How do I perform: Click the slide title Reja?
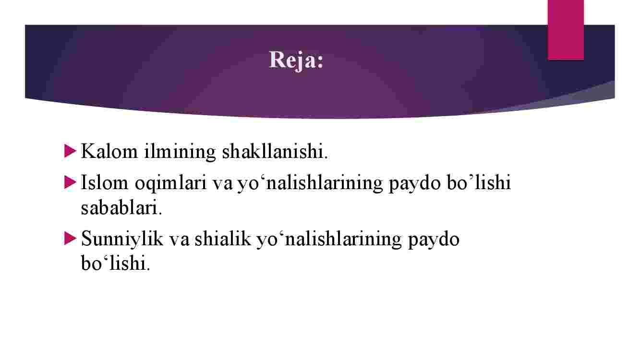coord(296,60)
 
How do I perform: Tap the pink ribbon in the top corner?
coord(566,30)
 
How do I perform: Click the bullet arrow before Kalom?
coord(70,151)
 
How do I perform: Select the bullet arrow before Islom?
coord(70,182)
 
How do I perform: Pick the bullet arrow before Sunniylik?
coord(70,238)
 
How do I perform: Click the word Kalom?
coord(109,151)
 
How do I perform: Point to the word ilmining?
coord(180,152)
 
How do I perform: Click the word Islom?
coord(105,182)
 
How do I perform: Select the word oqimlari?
coord(170,183)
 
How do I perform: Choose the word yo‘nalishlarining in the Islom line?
coord(310,183)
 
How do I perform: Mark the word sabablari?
coord(121,208)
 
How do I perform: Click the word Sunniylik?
coord(122,239)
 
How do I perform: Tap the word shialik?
coord(223,239)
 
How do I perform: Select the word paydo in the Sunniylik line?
coord(434,239)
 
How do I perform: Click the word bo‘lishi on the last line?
coord(115,263)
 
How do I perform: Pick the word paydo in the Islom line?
coord(414,183)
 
